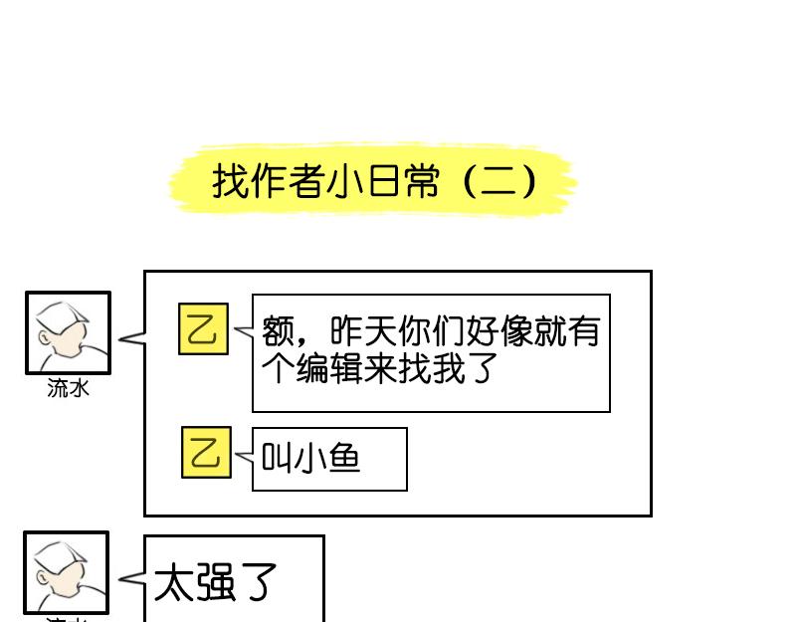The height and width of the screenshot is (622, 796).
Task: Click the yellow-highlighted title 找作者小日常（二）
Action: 374,180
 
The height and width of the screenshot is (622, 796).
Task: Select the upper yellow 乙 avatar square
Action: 204,328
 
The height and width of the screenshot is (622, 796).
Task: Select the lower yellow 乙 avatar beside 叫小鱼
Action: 206,453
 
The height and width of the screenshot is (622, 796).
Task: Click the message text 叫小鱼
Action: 310,458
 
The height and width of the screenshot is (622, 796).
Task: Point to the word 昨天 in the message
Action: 363,331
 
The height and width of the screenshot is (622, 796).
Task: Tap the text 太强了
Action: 215,582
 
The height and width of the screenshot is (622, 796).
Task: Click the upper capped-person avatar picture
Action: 68,333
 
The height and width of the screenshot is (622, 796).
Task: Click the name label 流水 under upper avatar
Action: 68,388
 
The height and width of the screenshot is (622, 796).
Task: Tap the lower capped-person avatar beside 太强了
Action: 67,572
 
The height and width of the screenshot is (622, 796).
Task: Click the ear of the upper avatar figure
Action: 44,337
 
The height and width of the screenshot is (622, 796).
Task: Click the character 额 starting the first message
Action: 279,331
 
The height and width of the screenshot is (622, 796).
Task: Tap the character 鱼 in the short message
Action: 344,458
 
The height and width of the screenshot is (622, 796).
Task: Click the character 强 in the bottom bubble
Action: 215,582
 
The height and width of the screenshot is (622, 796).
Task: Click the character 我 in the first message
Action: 449,368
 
